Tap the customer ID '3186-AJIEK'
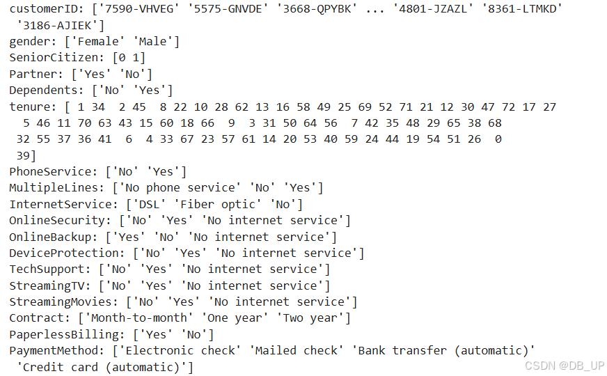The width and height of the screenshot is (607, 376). point(61,26)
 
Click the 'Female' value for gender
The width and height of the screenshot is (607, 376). point(95,42)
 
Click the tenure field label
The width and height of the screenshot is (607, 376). point(29,107)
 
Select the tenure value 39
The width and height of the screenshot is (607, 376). point(23,155)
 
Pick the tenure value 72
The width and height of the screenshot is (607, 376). point(509,107)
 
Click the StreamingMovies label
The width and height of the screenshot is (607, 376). point(64,301)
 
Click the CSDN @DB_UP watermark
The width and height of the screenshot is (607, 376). point(565,366)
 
